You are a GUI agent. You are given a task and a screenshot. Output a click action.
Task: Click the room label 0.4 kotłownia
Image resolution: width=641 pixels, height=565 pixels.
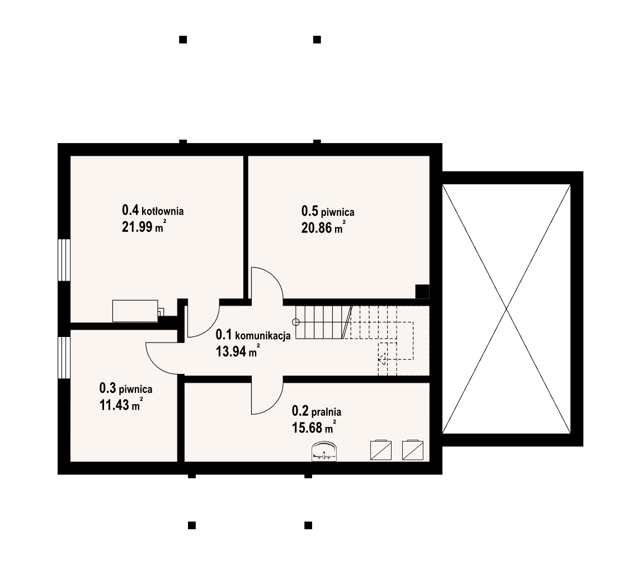[x=153, y=211]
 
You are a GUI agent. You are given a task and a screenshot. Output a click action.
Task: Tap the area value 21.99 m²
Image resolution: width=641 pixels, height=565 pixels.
[x=144, y=226]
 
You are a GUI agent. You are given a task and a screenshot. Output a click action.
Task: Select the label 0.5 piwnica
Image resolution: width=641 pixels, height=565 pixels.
[x=328, y=212]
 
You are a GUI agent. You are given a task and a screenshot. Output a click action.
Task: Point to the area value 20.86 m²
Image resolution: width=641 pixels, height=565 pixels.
[x=323, y=227]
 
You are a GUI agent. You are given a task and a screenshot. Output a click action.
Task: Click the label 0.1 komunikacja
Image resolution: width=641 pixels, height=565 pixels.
[x=253, y=335]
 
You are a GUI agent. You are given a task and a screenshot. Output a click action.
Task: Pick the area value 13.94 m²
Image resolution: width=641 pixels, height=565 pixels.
[x=238, y=350]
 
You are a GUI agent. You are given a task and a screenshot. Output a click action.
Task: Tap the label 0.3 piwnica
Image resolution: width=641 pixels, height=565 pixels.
[x=126, y=388]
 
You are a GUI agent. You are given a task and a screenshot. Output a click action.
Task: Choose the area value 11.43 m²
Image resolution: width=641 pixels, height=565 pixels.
[x=121, y=404]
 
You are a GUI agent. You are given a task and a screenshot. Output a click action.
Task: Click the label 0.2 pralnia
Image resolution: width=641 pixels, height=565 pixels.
[x=317, y=411]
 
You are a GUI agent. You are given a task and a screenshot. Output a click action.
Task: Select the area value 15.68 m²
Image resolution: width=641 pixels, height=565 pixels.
[x=314, y=427]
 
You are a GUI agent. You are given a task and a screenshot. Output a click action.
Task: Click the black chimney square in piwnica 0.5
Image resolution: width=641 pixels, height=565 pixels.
[x=422, y=292]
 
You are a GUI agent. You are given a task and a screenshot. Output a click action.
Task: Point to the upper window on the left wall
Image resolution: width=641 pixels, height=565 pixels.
[x=64, y=260]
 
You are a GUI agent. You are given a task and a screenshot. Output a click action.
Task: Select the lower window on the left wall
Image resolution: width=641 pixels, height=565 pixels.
[x=64, y=358]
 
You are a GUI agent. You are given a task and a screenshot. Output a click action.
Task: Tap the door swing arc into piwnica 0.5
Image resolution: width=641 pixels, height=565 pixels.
[x=274, y=277]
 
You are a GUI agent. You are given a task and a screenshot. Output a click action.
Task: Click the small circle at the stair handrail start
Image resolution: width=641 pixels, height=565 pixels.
[x=296, y=322]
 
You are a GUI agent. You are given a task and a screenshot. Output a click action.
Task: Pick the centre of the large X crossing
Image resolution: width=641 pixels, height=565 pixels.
[x=507, y=309]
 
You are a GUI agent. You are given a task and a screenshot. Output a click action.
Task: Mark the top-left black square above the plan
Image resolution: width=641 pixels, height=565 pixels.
[x=183, y=40]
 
